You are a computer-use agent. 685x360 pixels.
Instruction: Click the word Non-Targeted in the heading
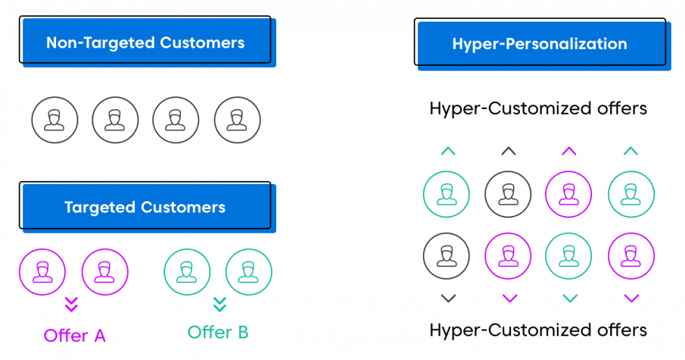pyautogui.click(x=101, y=43)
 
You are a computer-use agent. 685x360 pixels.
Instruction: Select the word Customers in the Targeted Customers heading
pyautogui.click(x=185, y=208)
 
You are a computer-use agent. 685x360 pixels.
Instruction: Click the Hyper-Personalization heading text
pyautogui.click(x=539, y=44)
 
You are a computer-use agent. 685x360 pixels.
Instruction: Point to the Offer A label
pyautogui.click(x=75, y=336)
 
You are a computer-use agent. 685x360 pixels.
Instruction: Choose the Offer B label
pyautogui.click(x=218, y=332)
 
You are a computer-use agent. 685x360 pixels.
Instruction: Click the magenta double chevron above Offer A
pyautogui.click(x=72, y=305)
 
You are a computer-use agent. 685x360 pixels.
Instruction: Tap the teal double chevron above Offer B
pyautogui.click(x=219, y=305)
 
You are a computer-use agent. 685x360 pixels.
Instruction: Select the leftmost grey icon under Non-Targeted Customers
pyautogui.click(x=55, y=120)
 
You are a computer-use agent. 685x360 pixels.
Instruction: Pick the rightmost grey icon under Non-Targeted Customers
pyautogui.click(x=237, y=120)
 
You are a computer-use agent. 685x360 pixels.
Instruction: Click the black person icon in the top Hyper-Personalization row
pyautogui.click(x=508, y=194)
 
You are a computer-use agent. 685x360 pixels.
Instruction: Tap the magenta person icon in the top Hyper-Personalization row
pyautogui.click(x=569, y=194)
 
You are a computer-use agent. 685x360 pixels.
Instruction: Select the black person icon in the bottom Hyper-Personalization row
pyautogui.click(x=447, y=256)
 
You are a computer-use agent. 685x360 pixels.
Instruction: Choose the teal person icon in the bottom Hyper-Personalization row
pyautogui.click(x=569, y=256)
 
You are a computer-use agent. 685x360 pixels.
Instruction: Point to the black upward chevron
pyautogui.click(x=509, y=151)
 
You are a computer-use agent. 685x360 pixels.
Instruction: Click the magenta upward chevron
pyautogui.click(x=570, y=151)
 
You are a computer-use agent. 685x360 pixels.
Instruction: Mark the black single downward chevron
pyautogui.click(x=448, y=299)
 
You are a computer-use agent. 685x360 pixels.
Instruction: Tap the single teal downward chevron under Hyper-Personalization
pyautogui.click(x=570, y=299)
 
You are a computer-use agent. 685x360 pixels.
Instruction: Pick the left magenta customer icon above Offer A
pyautogui.click(x=42, y=271)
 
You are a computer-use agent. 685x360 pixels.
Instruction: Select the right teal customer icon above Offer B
pyautogui.click(x=249, y=271)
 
